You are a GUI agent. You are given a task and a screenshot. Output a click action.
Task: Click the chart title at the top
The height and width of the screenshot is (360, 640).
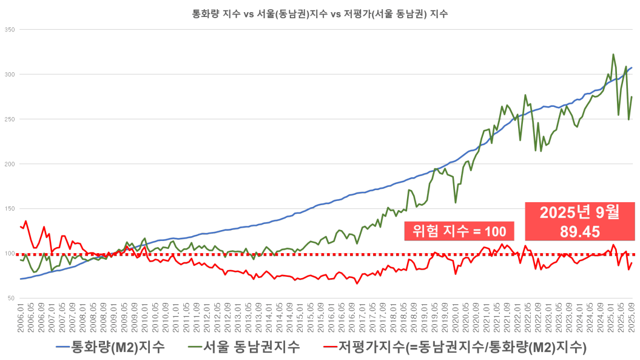[320, 13]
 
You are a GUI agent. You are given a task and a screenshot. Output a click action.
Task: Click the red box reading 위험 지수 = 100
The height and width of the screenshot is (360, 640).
[459, 231]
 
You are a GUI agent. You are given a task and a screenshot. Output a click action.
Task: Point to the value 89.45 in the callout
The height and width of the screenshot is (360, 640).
[579, 231]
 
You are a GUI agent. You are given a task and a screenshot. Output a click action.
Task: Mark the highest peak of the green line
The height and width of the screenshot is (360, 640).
[614, 54]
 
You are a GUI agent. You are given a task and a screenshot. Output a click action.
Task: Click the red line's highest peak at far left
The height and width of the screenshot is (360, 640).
[25, 221]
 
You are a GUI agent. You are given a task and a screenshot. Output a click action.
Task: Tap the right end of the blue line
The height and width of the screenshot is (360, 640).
[633, 67]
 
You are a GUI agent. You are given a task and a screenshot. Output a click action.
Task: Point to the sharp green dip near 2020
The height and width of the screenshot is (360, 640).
[456, 203]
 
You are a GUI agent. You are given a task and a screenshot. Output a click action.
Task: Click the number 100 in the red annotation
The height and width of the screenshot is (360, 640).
[495, 231]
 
